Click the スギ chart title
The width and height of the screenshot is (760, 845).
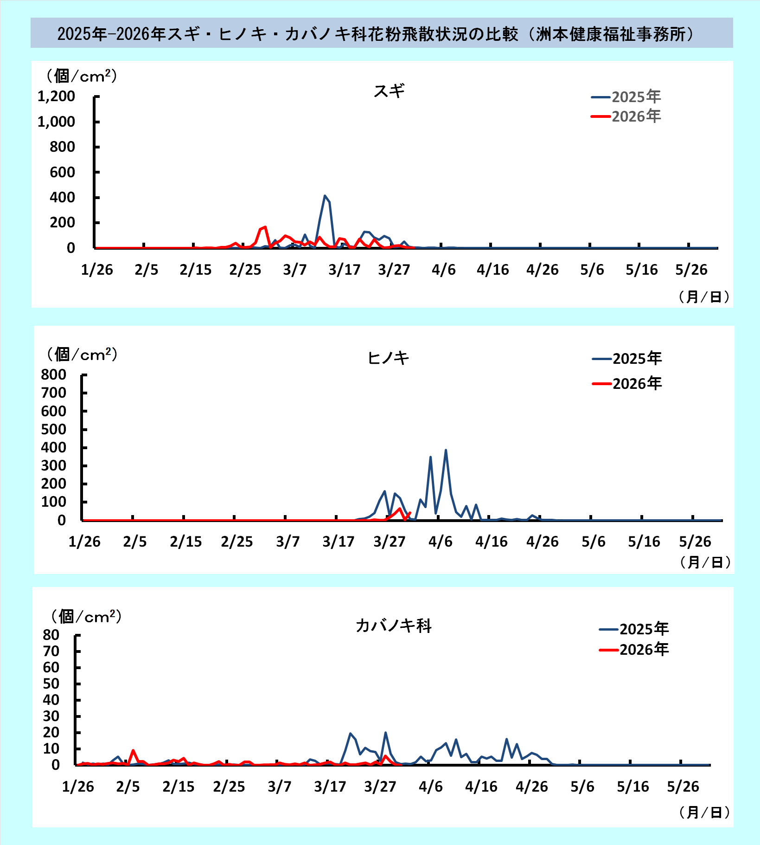tap(389, 91)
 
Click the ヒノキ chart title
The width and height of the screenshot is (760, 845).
tap(388, 358)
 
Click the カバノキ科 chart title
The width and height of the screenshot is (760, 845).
tap(393, 626)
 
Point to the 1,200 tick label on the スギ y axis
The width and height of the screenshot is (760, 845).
tap(56, 96)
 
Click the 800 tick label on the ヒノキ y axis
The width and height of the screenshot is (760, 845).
tap(53, 374)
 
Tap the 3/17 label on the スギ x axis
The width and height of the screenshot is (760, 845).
tap(344, 270)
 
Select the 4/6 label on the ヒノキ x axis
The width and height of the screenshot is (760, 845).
tap(440, 542)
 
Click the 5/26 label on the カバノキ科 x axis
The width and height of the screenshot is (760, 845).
tap(683, 787)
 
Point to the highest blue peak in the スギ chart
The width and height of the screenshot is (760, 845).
tap(325, 196)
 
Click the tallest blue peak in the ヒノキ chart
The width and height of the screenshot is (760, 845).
tap(446, 450)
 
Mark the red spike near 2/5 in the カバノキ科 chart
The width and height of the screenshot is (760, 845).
tap(133, 750)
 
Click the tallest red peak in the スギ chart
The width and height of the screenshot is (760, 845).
tap(265, 227)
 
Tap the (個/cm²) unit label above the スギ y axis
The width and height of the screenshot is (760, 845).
tap(82, 76)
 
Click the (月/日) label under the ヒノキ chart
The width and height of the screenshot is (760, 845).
tap(705, 562)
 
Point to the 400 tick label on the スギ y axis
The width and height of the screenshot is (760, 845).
tap(62, 197)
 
